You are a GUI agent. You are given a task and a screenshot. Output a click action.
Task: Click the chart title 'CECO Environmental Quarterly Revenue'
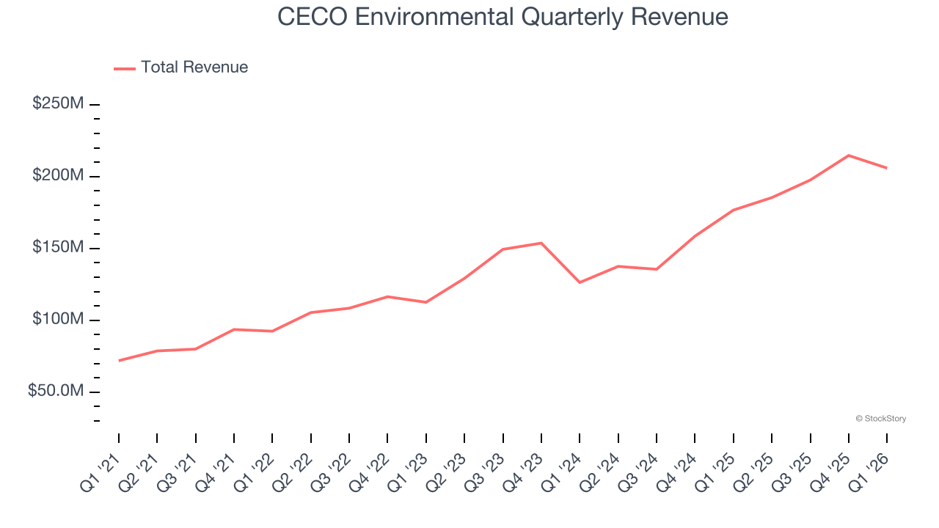[x=503, y=17]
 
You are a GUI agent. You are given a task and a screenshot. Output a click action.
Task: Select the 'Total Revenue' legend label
[x=194, y=67]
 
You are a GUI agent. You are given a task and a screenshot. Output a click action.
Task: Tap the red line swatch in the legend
[x=125, y=68]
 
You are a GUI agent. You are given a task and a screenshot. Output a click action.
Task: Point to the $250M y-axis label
[x=58, y=104]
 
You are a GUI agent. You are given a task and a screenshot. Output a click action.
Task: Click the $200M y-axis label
[x=58, y=176]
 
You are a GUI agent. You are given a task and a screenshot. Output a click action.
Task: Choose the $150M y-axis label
[x=58, y=248]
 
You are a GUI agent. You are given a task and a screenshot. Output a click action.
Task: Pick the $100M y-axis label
[x=58, y=320]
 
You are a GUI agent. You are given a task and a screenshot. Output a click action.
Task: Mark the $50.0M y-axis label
[x=56, y=392]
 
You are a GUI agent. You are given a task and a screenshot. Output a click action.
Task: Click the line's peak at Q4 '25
[x=849, y=155]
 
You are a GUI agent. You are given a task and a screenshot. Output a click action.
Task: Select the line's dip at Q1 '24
[x=580, y=282]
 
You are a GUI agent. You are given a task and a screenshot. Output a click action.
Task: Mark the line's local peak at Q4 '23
[x=541, y=243]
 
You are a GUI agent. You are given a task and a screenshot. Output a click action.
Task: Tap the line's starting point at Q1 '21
[x=119, y=360]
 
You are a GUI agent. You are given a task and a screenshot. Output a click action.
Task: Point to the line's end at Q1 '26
[x=887, y=168]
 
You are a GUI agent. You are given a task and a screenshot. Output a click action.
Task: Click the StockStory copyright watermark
[x=880, y=419]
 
